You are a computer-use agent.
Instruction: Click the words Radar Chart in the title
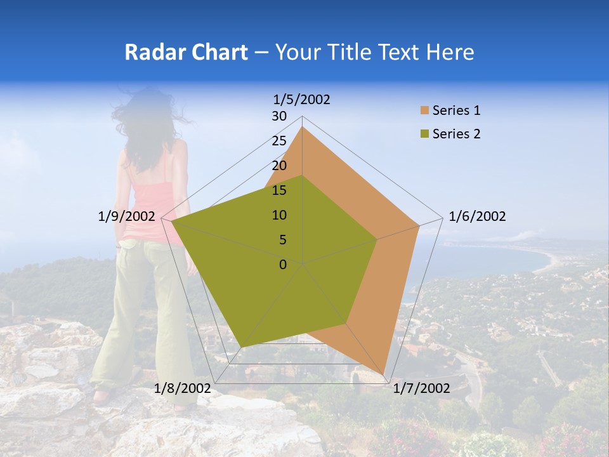(186, 52)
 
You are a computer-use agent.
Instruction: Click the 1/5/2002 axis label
(301, 99)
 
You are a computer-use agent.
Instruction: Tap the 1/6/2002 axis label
(477, 216)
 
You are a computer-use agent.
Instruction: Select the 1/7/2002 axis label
(421, 388)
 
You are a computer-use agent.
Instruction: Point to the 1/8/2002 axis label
(183, 388)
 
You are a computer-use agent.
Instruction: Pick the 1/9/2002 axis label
(127, 216)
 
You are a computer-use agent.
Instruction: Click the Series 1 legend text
(456, 110)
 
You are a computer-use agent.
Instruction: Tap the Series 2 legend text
(456, 134)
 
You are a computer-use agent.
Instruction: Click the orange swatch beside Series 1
(424, 110)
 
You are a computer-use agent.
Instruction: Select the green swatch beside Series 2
(424, 134)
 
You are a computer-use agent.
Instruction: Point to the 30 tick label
(279, 116)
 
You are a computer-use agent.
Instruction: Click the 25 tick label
(279, 141)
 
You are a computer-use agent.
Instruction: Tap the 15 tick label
(279, 190)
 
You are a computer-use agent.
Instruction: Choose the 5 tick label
(283, 240)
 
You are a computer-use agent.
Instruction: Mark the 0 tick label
(283, 265)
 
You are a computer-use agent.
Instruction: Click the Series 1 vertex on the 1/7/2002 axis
(384, 375)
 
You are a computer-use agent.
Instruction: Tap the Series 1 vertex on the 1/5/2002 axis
(303, 127)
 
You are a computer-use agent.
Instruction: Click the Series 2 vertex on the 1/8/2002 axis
(242, 347)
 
